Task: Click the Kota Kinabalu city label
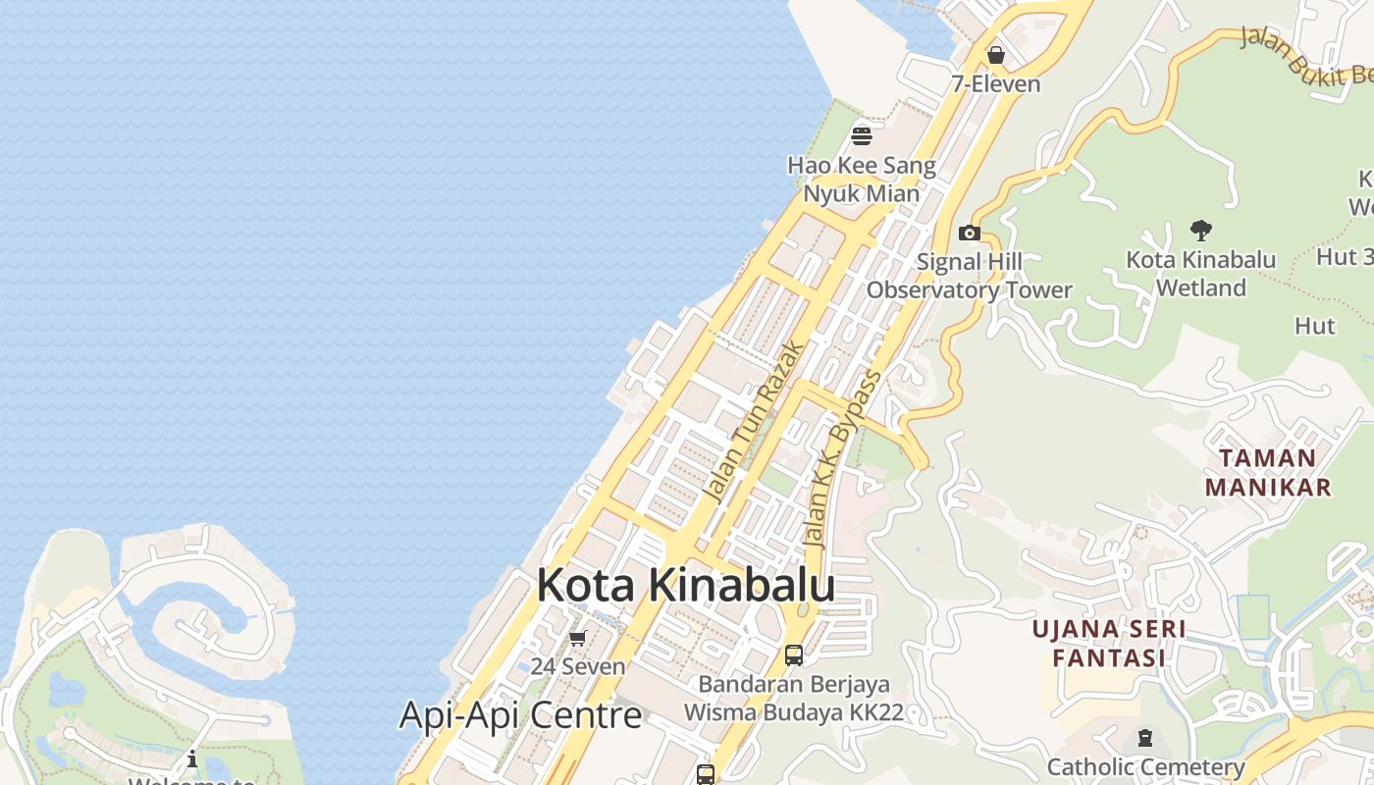pyautogui.click(x=685, y=585)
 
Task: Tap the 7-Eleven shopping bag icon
pyautogui.click(x=996, y=55)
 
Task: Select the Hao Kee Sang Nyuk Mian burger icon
pyautogui.click(x=862, y=135)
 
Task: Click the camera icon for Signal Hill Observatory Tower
pyautogui.click(x=969, y=234)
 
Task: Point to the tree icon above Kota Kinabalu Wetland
pyautogui.click(x=1200, y=232)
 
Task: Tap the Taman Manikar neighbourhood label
pyautogui.click(x=1268, y=472)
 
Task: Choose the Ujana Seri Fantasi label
pyautogui.click(x=1109, y=643)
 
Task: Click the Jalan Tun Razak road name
pyautogui.click(x=755, y=421)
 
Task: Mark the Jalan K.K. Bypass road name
pyautogui.click(x=841, y=458)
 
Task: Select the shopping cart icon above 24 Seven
pyautogui.click(x=578, y=639)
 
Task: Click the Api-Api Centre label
pyautogui.click(x=520, y=715)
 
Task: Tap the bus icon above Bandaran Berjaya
pyautogui.click(x=794, y=654)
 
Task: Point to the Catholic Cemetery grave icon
pyautogui.click(x=1144, y=738)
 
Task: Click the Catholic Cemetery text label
pyautogui.click(x=1145, y=767)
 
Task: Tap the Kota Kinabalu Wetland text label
pyautogui.click(x=1200, y=274)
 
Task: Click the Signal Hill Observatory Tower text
pyautogui.click(x=969, y=276)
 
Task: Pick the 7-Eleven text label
pyautogui.click(x=995, y=84)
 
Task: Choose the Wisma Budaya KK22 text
pyautogui.click(x=793, y=712)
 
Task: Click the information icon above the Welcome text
pyautogui.click(x=192, y=759)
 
